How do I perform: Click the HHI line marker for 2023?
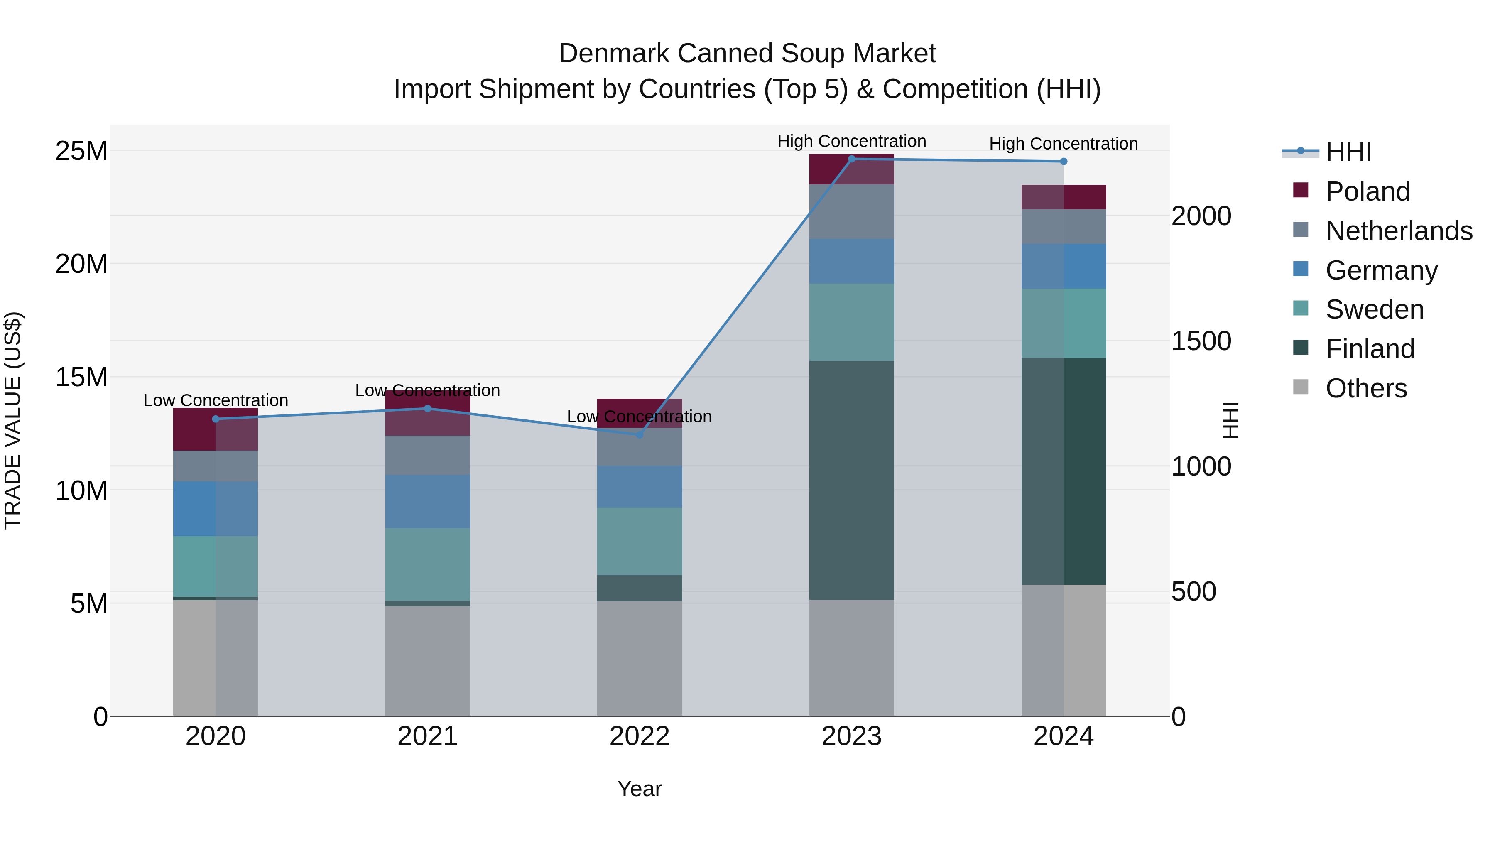click(851, 159)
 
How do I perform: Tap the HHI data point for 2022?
click(640, 434)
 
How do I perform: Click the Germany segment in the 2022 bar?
click(640, 486)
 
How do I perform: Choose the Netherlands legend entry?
click(1399, 230)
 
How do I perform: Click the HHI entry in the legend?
click(1348, 152)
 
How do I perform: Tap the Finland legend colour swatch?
click(1301, 348)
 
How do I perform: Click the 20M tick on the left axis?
click(81, 264)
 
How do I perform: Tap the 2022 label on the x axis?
click(640, 736)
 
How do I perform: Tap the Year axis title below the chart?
click(640, 789)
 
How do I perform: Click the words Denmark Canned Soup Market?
click(747, 54)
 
